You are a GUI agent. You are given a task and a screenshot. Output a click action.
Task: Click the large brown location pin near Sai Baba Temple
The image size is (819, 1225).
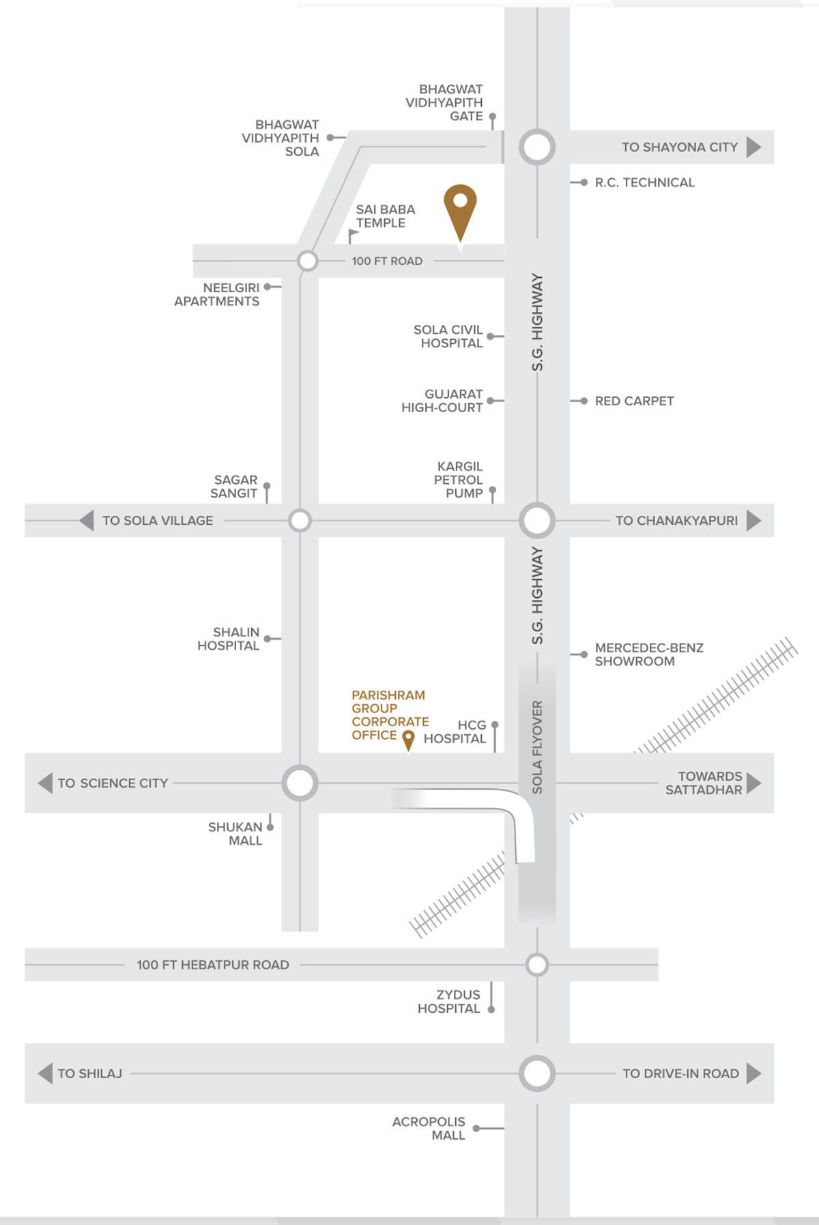point(460,208)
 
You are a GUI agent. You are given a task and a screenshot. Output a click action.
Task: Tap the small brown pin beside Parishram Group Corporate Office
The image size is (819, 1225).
point(408,739)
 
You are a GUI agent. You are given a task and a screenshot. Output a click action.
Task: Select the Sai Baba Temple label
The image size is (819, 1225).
point(385,216)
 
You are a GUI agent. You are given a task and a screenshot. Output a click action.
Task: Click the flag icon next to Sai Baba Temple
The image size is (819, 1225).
point(353,236)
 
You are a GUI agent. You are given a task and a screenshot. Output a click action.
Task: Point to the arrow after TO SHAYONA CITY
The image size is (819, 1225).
point(753,147)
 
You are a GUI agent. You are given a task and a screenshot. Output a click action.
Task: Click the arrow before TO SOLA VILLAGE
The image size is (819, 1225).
point(86,521)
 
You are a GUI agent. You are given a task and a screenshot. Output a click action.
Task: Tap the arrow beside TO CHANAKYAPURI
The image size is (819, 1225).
point(753,521)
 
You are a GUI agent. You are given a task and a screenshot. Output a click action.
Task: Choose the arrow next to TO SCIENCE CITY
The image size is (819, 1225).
point(45,783)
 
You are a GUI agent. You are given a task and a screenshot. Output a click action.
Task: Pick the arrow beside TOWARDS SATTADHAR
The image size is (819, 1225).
point(753,783)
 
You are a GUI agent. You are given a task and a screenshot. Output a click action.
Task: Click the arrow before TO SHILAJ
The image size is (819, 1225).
point(45,1073)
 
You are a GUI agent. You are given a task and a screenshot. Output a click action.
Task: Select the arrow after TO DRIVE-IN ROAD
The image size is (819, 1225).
point(753,1073)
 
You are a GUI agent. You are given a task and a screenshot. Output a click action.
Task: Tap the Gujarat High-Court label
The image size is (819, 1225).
point(442,401)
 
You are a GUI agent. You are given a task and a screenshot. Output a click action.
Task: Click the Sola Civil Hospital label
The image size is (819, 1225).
point(448,336)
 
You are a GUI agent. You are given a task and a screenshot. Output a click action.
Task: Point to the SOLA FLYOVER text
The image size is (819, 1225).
point(537,747)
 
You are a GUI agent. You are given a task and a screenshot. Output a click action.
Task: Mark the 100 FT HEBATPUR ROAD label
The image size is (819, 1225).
point(213,965)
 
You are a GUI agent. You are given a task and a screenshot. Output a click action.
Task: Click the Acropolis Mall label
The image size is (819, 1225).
point(429,1128)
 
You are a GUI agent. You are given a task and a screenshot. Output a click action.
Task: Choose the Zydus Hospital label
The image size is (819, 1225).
point(449,1001)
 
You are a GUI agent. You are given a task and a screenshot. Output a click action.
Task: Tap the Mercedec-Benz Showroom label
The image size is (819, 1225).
point(648,654)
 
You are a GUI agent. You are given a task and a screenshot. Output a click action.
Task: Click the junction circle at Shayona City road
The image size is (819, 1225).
point(537,147)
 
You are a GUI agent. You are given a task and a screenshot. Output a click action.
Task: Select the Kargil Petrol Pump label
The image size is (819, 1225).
point(459,480)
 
